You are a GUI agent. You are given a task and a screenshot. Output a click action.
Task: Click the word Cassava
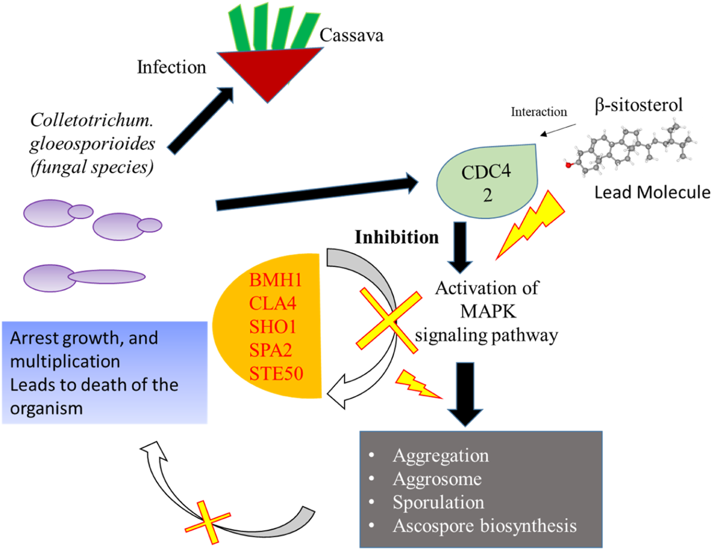point(351,35)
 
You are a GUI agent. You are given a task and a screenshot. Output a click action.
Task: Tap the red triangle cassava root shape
point(268,69)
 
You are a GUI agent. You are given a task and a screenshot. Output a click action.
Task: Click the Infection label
point(171,67)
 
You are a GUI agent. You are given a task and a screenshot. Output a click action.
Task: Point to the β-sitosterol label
point(639,105)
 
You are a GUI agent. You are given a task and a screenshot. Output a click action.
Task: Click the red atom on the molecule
point(569,164)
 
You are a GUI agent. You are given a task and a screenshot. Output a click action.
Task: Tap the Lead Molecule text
point(652,192)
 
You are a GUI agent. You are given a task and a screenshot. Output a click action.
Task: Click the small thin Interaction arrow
point(558,130)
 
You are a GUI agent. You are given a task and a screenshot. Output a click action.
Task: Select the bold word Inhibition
point(397,237)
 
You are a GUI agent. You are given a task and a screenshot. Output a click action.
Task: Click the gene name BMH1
point(275,280)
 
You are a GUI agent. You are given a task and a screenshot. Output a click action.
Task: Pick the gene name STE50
point(276,374)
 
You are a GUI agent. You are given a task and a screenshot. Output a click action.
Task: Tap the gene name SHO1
point(273,327)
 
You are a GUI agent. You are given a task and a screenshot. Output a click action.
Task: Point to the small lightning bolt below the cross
point(417,384)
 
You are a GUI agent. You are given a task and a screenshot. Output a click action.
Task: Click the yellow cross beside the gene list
point(389,321)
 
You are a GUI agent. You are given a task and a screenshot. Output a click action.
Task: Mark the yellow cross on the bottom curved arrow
point(207,523)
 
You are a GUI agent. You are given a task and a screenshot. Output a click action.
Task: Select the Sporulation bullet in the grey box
point(438,502)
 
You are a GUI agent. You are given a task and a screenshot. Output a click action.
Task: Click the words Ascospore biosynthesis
point(484,526)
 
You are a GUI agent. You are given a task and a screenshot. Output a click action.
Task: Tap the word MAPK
point(488,311)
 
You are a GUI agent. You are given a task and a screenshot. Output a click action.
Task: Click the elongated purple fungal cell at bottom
point(85,277)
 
